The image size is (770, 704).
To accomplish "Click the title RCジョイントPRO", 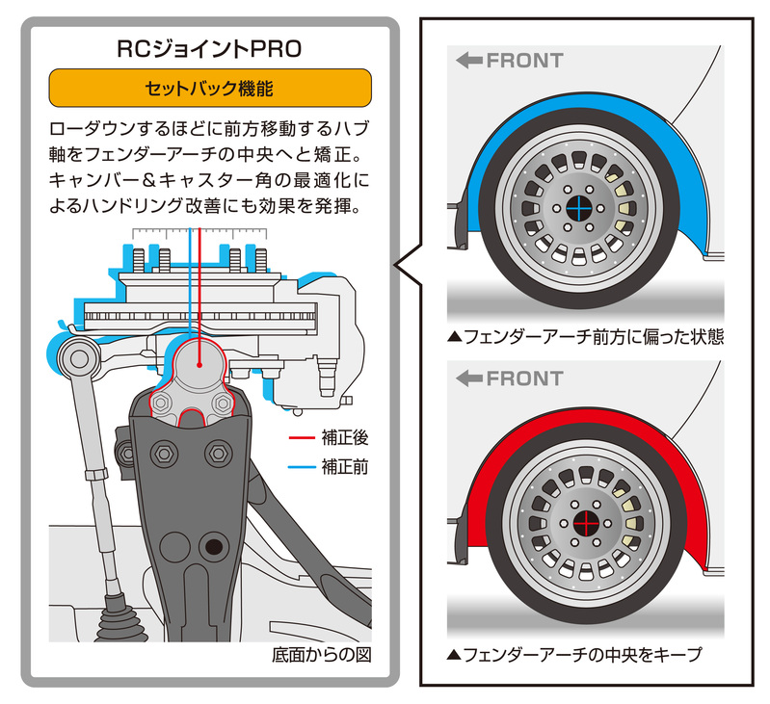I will (x=209, y=48).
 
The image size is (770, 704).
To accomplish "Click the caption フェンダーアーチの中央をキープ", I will (x=574, y=654).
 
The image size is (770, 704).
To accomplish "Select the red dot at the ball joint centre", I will (x=199, y=365).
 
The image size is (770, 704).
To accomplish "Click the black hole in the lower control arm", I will (x=214, y=548).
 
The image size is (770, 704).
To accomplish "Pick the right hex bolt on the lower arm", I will (x=219, y=451).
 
